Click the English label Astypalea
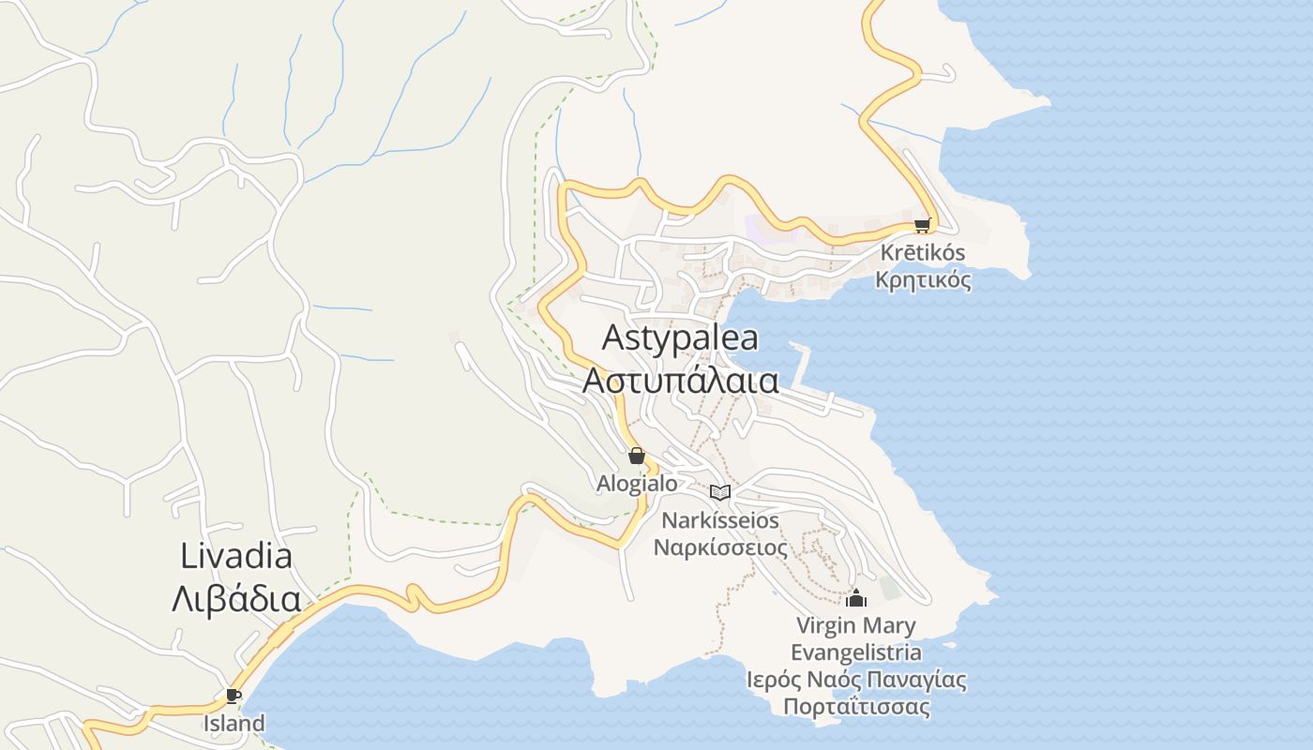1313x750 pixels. click(680, 337)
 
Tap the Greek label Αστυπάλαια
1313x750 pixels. click(680, 381)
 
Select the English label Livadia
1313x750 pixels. click(236, 556)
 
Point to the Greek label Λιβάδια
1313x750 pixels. click(236, 600)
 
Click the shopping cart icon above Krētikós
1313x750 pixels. click(922, 225)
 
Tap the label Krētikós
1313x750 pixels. click(923, 253)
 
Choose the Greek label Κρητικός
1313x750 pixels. click(923, 279)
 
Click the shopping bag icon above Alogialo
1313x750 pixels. click(637, 457)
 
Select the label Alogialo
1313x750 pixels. click(637, 484)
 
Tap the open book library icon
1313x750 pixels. click(719, 492)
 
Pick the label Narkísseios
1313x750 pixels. click(719, 520)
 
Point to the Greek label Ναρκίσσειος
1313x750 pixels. click(719, 547)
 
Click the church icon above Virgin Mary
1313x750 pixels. click(855, 598)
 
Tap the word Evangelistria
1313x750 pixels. click(855, 652)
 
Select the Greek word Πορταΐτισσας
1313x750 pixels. click(856, 707)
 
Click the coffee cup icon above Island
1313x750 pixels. click(233, 696)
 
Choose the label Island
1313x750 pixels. click(234, 724)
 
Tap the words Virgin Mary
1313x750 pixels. click(855, 625)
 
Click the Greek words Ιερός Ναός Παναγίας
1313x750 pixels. click(856, 680)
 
